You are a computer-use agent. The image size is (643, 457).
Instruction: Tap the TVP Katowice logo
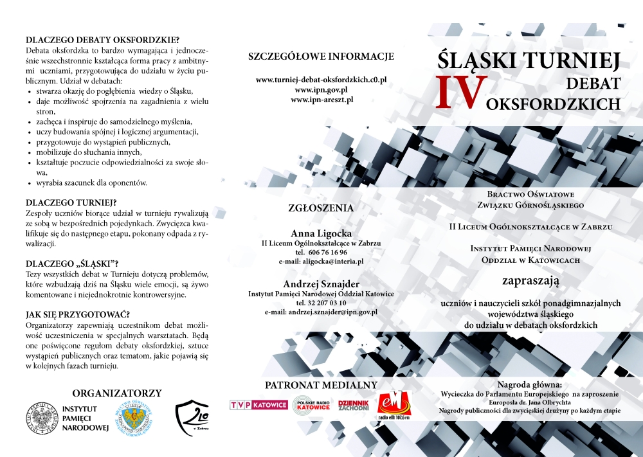point(258,404)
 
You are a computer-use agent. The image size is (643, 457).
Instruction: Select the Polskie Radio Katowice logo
point(311,405)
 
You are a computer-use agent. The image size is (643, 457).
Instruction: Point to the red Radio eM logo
point(393,405)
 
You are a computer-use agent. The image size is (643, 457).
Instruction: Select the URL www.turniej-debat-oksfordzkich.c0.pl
point(321,80)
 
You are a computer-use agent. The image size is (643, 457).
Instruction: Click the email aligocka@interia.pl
point(321,262)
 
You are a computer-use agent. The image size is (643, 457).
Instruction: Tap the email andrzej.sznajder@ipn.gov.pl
point(321,312)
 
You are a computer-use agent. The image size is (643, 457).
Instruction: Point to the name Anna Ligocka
point(321,233)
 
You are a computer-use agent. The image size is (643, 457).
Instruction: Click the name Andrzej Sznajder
point(321,283)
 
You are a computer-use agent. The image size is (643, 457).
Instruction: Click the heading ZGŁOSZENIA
point(321,208)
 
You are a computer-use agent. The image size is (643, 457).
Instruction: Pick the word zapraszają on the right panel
point(530,280)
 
